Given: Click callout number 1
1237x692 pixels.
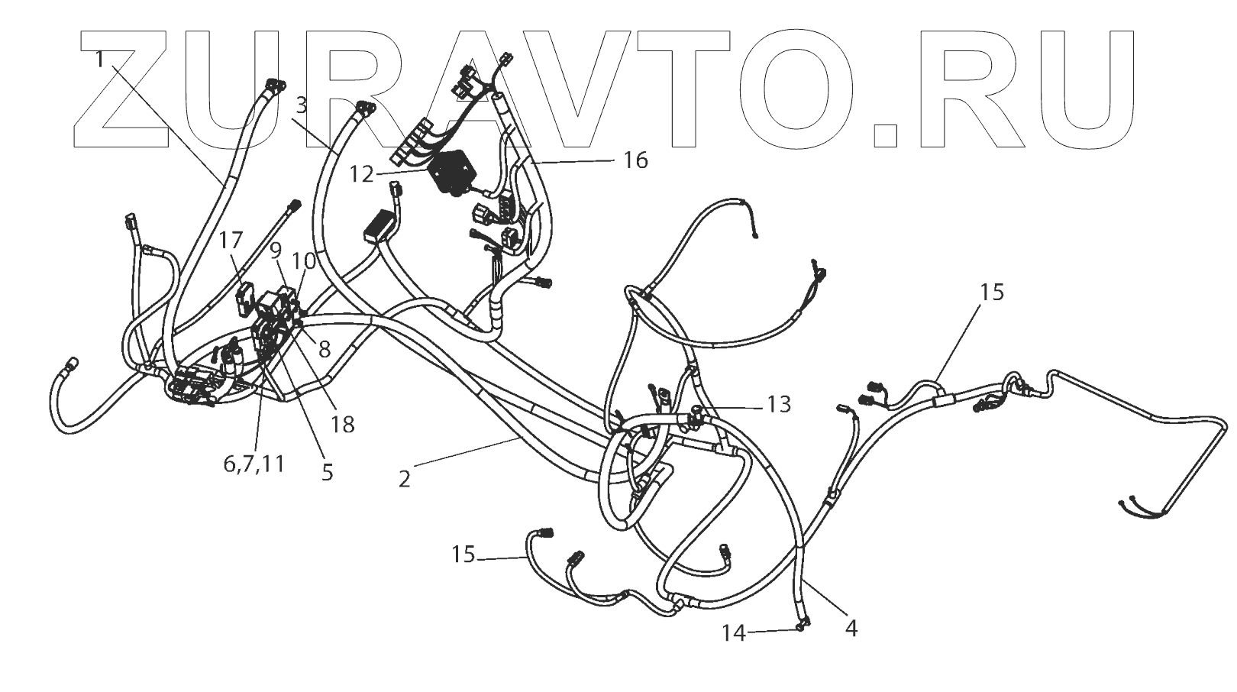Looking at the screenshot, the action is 100,59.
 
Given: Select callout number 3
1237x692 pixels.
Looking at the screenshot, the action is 302,106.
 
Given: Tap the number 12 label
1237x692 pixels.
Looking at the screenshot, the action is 362,175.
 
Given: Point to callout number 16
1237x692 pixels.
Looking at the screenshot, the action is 635,160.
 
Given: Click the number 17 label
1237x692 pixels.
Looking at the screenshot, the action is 231,241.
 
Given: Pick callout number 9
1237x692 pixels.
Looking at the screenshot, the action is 276,250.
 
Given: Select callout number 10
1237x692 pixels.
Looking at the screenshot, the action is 305,260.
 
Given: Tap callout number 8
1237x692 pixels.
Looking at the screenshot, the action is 325,350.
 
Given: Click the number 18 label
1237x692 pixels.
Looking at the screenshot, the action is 343,425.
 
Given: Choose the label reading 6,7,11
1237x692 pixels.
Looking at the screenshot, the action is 254,464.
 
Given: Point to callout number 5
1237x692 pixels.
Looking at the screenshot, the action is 327,473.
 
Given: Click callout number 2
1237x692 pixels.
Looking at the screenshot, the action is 404,479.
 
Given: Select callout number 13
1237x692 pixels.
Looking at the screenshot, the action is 779,404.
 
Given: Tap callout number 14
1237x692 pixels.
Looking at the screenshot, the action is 734,633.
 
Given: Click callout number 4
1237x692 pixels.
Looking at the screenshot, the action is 851,629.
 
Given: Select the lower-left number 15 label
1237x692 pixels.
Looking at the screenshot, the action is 463,555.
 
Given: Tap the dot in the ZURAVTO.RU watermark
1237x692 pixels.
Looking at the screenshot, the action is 887,133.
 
